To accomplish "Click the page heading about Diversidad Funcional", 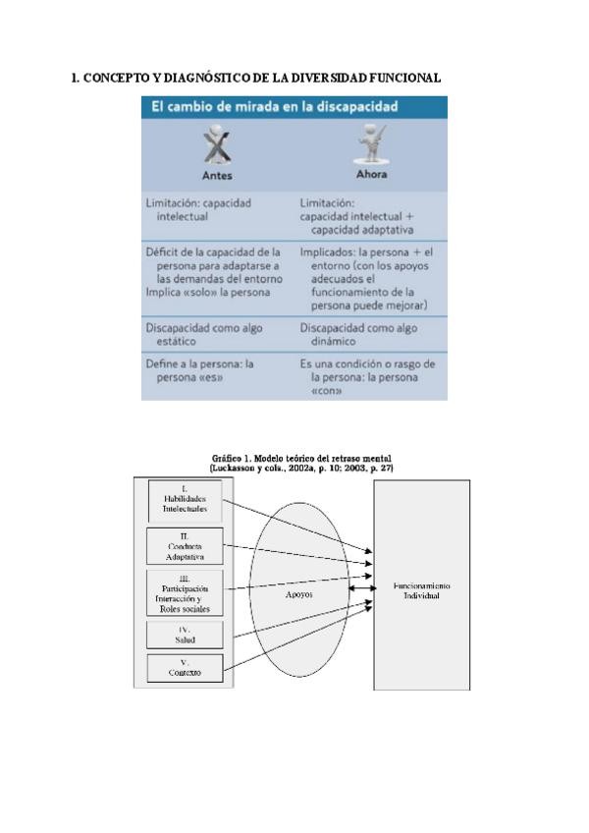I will [x=256, y=78].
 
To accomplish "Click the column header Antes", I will [x=217, y=176].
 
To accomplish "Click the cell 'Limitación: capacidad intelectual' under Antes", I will [x=198, y=209].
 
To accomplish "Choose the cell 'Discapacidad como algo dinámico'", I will [x=359, y=335].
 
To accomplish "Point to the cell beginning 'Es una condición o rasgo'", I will [x=368, y=376].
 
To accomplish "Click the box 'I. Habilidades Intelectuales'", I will [x=186, y=499].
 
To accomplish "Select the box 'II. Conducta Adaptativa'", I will [x=186, y=546].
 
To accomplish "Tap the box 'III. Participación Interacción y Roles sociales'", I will [x=186, y=593].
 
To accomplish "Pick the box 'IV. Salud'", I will [x=186, y=634].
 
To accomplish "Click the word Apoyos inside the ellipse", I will [x=299, y=594].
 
